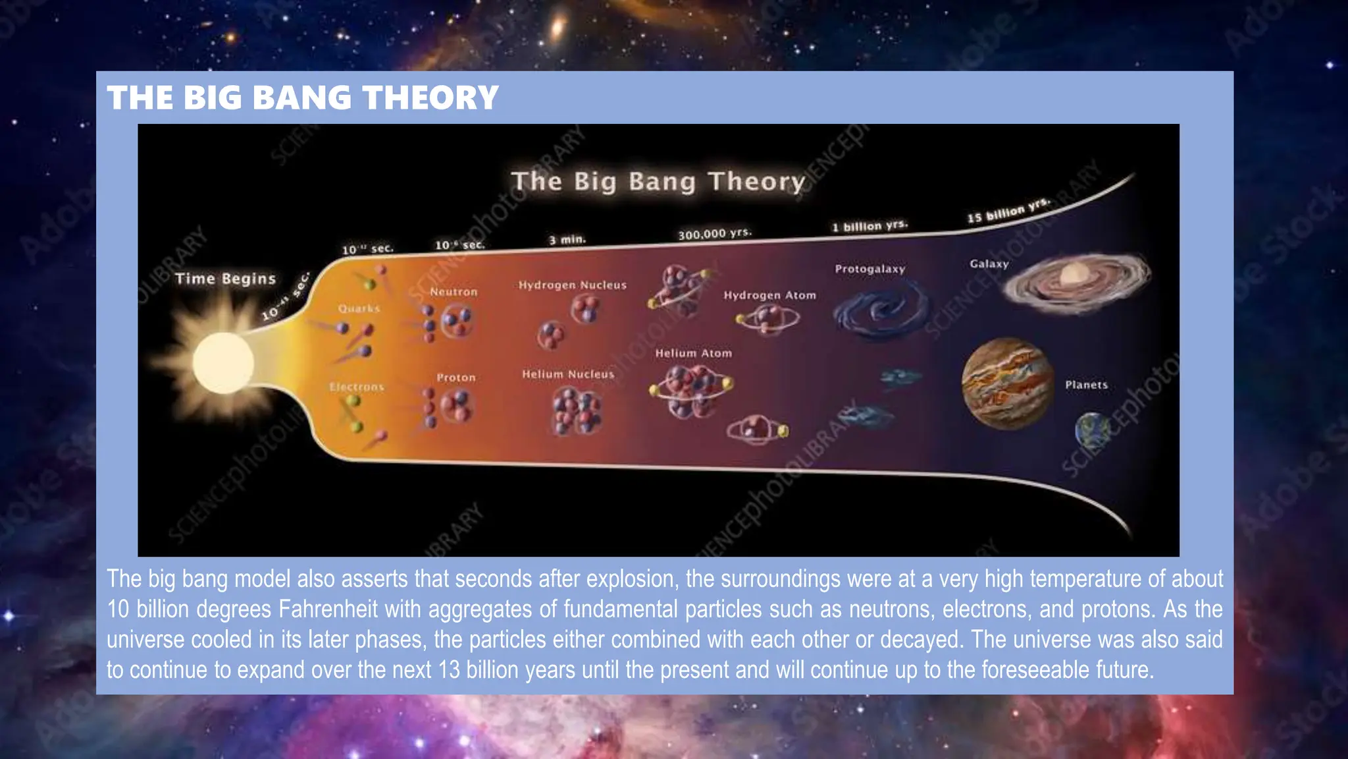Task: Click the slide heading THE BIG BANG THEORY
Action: (x=303, y=98)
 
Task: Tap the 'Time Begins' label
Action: (x=225, y=279)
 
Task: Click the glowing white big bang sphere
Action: (x=223, y=363)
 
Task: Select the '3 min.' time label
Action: (x=567, y=240)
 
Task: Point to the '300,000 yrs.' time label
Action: (x=715, y=234)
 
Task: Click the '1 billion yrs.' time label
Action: (x=869, y=227)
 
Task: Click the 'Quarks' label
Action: (x=359, y=308)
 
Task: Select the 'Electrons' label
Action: (x=356, y=387)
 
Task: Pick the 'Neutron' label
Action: (x=454, y=292)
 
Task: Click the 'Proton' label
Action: (x=455, y=378)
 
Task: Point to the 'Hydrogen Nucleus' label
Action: (x=572, y=285)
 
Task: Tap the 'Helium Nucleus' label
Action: (x=568, y=374)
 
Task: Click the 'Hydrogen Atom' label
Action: (x=769, y=295)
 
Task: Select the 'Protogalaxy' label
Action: (x=870, y=269)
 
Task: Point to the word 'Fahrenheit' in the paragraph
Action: (x=328, y=609)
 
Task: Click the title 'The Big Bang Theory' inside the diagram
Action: (x=658, y=181)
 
